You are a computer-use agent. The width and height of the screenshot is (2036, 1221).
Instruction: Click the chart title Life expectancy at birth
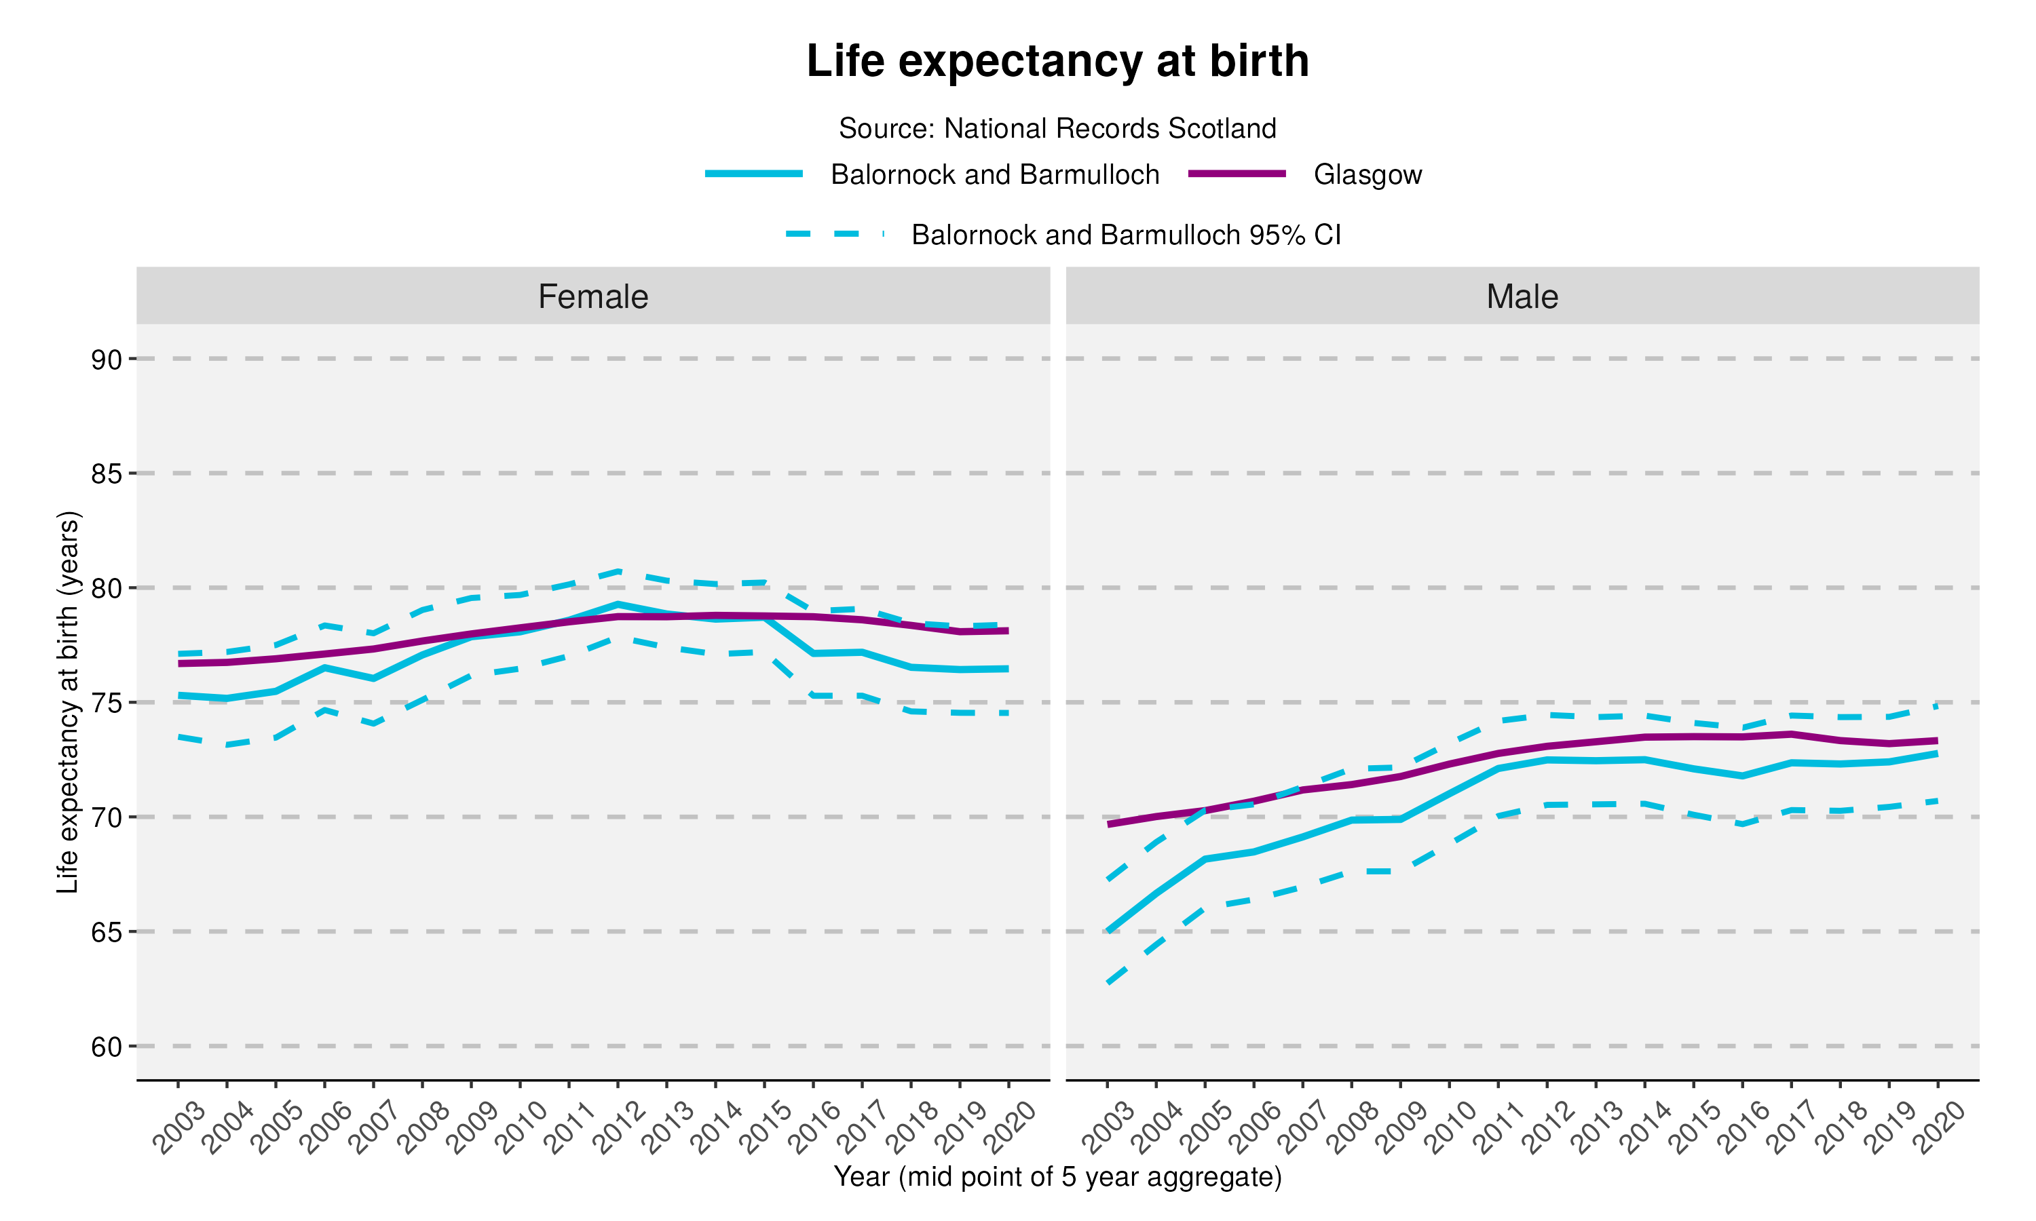click(x=1057, y=61)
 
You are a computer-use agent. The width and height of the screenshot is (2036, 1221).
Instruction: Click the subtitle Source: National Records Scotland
click(x=1057, y=128)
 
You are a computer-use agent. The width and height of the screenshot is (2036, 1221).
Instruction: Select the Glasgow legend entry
click(x=1367, y=174)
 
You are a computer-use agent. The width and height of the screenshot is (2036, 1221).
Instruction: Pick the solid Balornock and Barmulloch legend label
click(x=994, y=174)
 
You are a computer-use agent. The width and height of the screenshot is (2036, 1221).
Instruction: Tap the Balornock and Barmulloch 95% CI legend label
click(x=1125, y=235)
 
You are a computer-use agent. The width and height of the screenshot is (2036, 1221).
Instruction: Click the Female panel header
click(x=592, y=296)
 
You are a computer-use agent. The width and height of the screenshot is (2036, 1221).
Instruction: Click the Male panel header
click(x=1522, y=296)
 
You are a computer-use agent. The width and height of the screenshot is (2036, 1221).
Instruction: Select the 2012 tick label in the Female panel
click(x=619, y=1128)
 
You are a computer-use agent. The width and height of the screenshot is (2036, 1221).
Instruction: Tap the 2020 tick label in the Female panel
click(x=1011, y=1128)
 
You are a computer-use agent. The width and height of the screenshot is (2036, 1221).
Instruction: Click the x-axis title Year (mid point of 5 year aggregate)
click(x=1057, y=1177)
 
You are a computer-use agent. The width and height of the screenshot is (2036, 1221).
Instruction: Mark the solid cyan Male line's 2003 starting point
click(x=1108, y=931)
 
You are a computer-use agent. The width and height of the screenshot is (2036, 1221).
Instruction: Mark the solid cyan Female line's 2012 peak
click(x=617, y=604)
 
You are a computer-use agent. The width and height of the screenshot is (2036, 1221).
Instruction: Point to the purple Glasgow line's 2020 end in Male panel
click(x=1936, y=741)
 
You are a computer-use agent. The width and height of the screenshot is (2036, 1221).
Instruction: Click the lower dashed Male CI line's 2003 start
click(x=1108, y=982)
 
